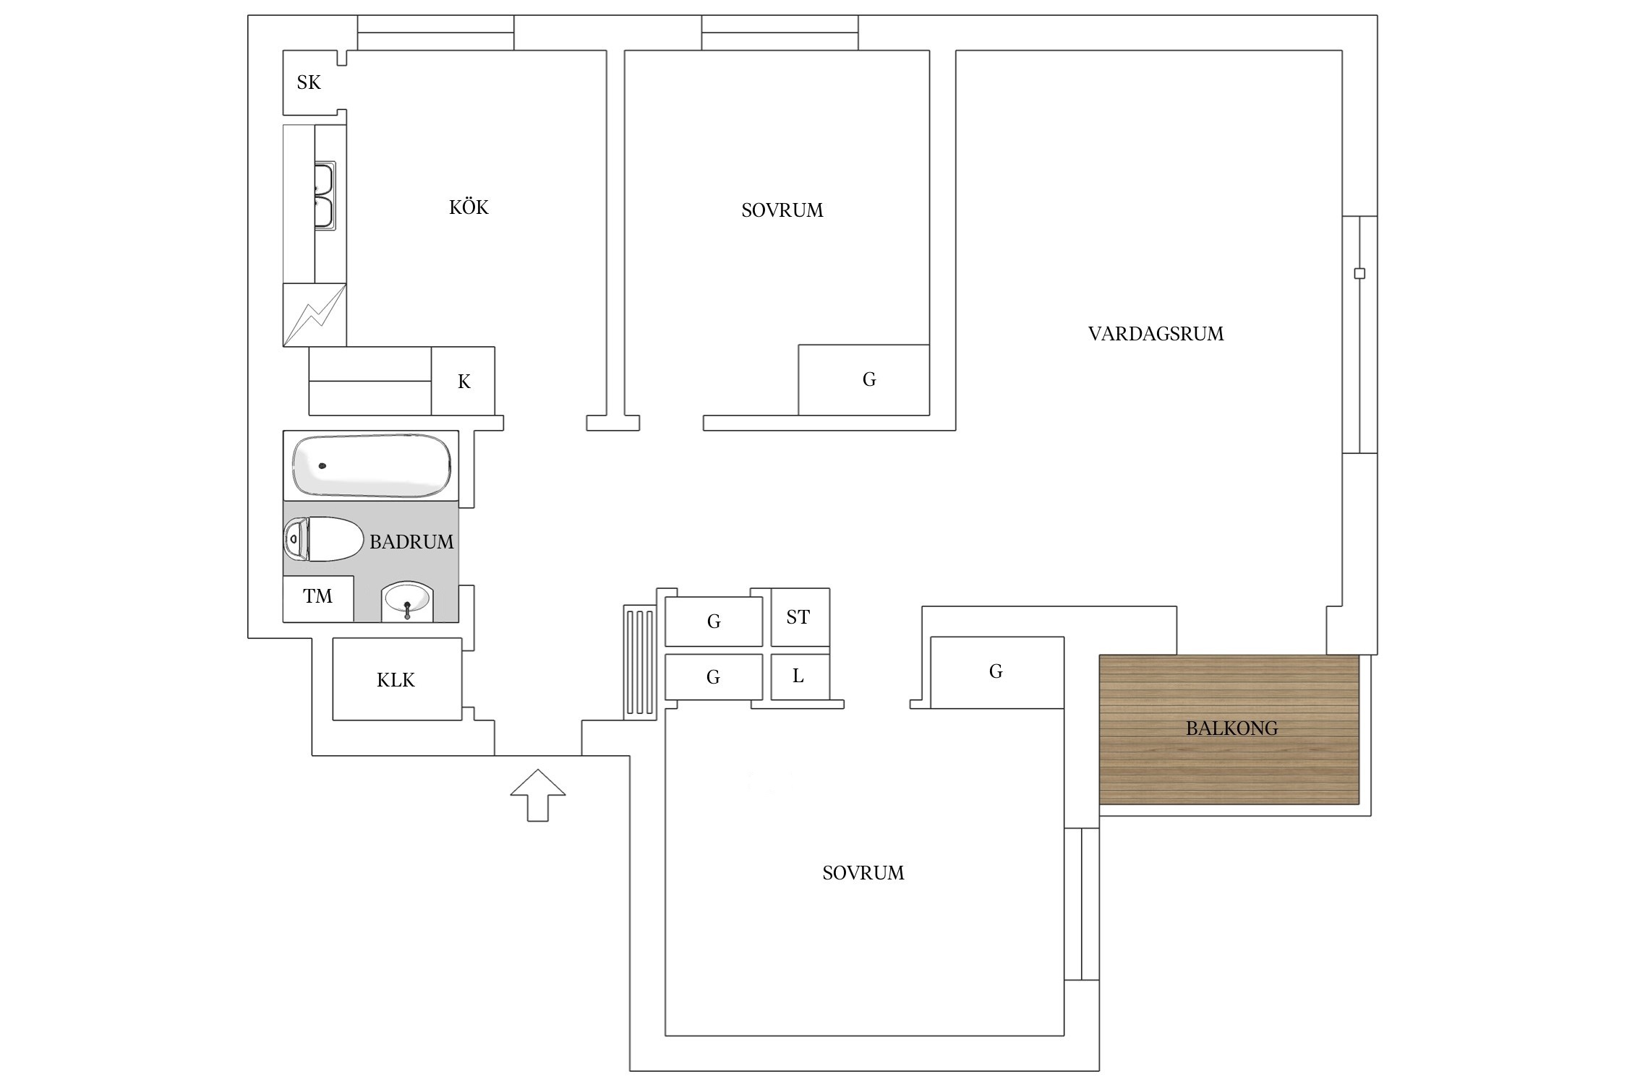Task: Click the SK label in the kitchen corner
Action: pyautogui.click(x=309, y=82)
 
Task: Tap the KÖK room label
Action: pyautogui.click(x=469, y=207)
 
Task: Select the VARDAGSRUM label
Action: pyautogui.click(x=1156, y=334)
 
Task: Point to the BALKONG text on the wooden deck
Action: pyautogui.click(x=1231, y=728)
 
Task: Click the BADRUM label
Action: pyautogui.click(x=411, y=542)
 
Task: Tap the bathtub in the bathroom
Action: pyautogui.click(x=371, y=465)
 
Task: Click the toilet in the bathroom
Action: pyautogui.click(x=323, y=539)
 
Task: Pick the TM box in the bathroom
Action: pyautogui.click(x=318, y=598)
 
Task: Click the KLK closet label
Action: pyautogui.click(x=396, y=680)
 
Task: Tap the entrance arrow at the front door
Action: pyautogui.click(x=537, y=795)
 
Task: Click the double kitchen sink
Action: pyautogui.click(x=324, y=196)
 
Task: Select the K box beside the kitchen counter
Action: pyautogui.click(x=464, y=381)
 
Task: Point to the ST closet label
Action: pyautogui.click(x=798, y=617)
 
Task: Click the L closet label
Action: pyautogui.click(x=798, y=676)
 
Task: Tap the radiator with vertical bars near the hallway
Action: pyautogui.click(x=640, y=662)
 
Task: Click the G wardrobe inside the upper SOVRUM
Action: pyautogui.click(x=863, y=379)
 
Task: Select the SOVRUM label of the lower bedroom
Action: pyautogui.click(x=863, y=873)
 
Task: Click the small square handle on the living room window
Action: pyautogui.click(x=1359, y=273)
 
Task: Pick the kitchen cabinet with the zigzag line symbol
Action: pyautogui.click(x=315, y=314)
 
